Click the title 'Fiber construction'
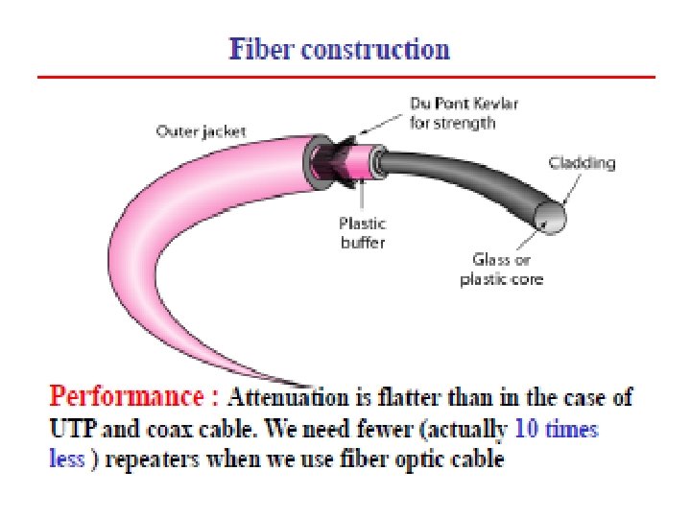point(339,50)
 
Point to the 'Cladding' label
point(582,162)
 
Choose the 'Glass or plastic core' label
point(502,270)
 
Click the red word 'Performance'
point(133,395)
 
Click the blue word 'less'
point(65,459)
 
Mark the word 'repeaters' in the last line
point(146,459)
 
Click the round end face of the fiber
point(553,220)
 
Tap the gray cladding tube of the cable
point(461,182)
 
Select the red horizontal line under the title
point(345,77)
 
